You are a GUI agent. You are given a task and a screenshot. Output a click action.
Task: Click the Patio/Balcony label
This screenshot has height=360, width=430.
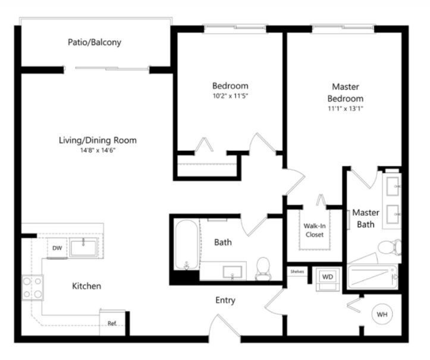(x=95, y=42)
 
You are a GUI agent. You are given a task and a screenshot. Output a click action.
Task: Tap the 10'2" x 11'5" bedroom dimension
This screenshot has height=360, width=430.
(x=230, y=96)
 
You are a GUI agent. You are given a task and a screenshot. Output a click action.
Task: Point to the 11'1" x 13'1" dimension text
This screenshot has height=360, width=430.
(x=346, y=109)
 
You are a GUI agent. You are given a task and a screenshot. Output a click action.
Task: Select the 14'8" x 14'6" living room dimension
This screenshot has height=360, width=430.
(x=98, y=150)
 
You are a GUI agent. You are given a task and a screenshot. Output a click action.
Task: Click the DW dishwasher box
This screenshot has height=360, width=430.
(x=57, y=248)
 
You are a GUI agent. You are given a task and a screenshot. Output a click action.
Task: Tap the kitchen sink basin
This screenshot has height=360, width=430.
(x=83, y=247)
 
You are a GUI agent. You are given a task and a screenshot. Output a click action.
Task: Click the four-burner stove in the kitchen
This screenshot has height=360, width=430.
(x=33, y=288)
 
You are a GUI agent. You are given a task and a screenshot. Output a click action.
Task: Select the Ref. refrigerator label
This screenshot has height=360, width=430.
(x=112, y=324)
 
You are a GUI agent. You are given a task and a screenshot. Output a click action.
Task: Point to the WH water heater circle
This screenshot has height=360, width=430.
(x=382, y=314)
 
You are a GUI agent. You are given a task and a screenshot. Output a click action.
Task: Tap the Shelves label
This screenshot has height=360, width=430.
(x=297, y=271)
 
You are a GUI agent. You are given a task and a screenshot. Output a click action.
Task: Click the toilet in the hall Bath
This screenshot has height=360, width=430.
(x=263, y=269)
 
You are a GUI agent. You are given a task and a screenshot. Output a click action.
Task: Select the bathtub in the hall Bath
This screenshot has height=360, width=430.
(x=187, y=245)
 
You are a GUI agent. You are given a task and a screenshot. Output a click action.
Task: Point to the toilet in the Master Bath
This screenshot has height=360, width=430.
(x=390, y=248)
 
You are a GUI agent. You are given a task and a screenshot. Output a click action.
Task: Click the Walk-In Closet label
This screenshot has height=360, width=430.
(x=315, y=230)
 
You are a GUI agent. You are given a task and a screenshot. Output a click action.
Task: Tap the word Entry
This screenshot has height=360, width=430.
(x=225, y=300)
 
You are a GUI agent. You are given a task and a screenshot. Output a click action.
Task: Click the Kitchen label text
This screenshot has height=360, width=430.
(x=87, y=286)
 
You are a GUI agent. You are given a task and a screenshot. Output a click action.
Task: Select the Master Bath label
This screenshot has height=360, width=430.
(x=366, y=219)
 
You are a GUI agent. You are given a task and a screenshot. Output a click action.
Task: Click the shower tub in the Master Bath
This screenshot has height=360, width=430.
(x=372, y=277)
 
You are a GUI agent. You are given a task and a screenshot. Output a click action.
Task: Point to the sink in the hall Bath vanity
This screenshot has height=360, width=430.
(x=233, y=272)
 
